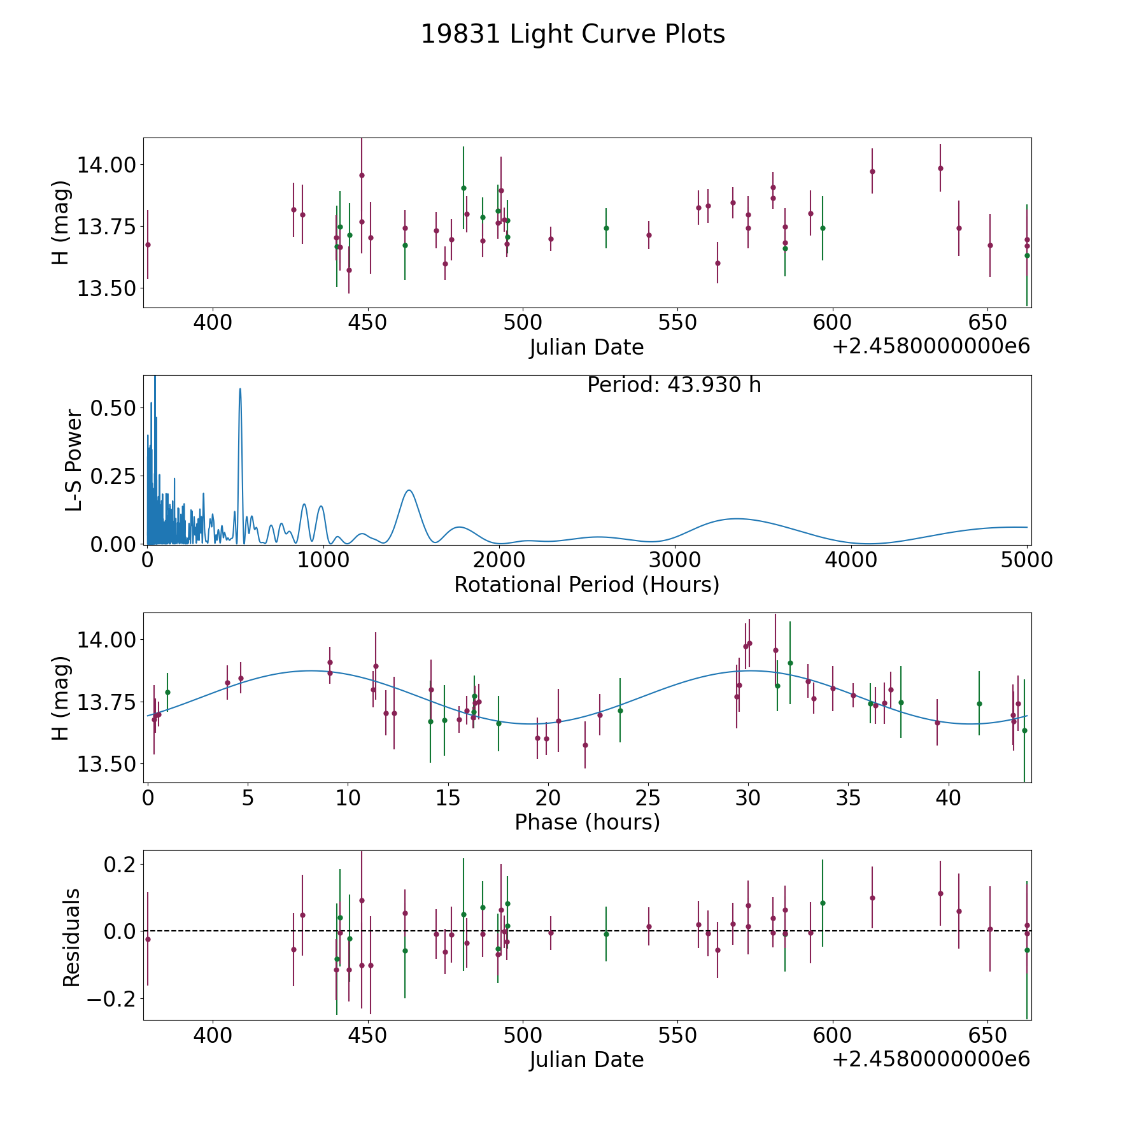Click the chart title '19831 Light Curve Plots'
573,34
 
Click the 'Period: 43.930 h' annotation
674,385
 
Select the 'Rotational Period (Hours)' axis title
586,584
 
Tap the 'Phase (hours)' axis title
586,822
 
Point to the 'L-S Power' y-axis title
74,460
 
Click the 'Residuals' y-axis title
71,937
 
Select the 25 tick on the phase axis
647,798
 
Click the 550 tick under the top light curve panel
677,322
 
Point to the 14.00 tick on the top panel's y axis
106,165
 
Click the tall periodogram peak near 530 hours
240,389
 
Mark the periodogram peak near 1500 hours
409,490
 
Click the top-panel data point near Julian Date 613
872,171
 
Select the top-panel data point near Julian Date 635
940,168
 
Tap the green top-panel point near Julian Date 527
606,228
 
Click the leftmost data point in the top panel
148,244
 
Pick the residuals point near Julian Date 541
649,926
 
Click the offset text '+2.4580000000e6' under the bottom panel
931,1059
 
